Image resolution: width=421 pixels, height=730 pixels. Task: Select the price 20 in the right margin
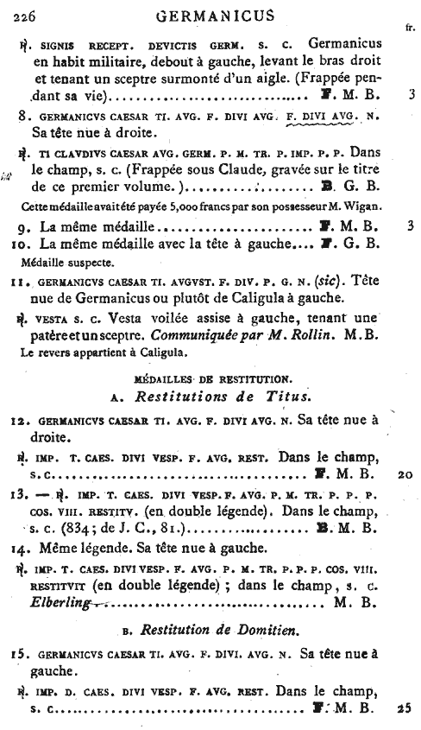click(x=406, y=474)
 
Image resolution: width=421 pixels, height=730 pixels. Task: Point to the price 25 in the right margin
click(x=406, y=709)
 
